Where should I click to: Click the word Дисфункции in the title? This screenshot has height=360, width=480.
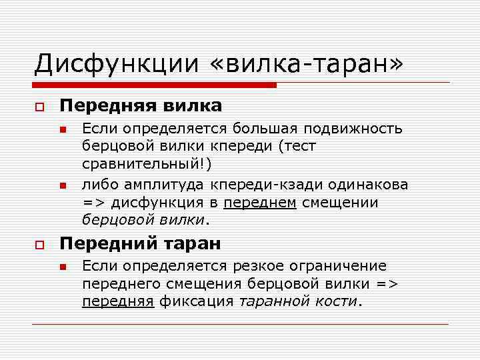coord(117,64)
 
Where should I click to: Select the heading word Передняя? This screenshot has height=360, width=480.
coord(107,105)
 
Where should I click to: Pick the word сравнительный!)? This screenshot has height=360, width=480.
coord(147,163)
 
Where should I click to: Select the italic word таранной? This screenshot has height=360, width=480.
coord(272,301)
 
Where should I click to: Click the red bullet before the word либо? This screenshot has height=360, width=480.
coord(62,185)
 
